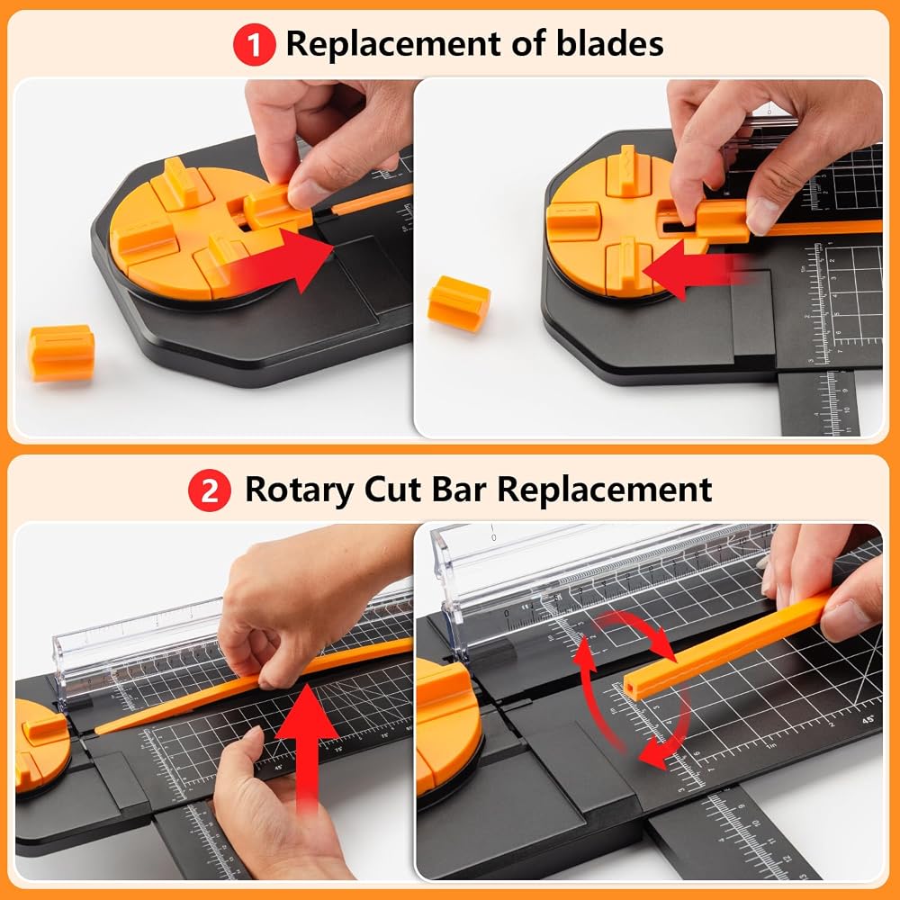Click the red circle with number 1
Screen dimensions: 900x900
coord(255,44)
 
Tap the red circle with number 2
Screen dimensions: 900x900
coord(210,490)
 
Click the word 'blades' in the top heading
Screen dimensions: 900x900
coord(610,43)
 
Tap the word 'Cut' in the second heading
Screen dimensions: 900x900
coord(392,490)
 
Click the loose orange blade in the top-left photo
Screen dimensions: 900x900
coord(62,353)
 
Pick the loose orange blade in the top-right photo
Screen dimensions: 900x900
coord(459,303)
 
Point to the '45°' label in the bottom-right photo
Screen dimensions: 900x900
coord(868,719)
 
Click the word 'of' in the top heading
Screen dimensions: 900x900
coord(528,43)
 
